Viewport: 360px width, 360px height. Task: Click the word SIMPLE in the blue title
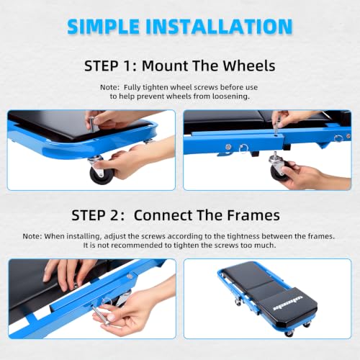point(103,26)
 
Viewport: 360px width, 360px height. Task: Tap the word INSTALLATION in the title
point(219,26)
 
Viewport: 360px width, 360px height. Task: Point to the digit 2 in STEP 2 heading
point(114,215)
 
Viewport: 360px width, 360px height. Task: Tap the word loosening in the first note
point(231,96)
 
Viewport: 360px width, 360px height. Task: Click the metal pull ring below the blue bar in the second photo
point(243,149)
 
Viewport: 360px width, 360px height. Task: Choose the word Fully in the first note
point(132,88)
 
